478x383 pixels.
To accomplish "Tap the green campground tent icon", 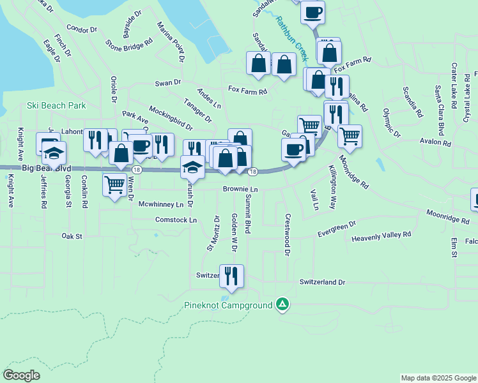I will pyautogui.click(x=282, y=305).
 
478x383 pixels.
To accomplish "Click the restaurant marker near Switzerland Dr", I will pyautogui.click(x=231, y=276).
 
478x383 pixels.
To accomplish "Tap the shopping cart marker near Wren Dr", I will pyautogui.click(x=114, y=184).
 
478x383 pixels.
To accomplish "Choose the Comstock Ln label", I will pyautogui.click(x=176, y=220).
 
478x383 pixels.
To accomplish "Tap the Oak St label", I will pyautogui.click(x=72, y=236).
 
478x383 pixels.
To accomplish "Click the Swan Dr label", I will pyautogui.click(x=168, y=83).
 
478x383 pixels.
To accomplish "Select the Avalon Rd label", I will pyautogui.click(x=435, y=142).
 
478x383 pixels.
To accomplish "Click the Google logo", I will pyautogui.click(x=21, y=375).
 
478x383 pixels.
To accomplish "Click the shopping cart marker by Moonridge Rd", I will pyautogui.click(x=350, y=136).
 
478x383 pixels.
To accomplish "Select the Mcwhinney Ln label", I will pyautogui.click(x=157, y=204).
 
